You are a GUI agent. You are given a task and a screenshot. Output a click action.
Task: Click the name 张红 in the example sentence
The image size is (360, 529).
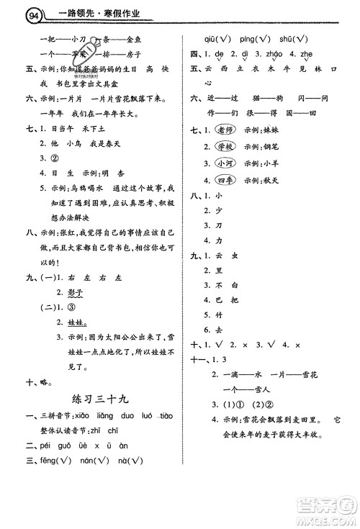(x=61, y=232)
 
